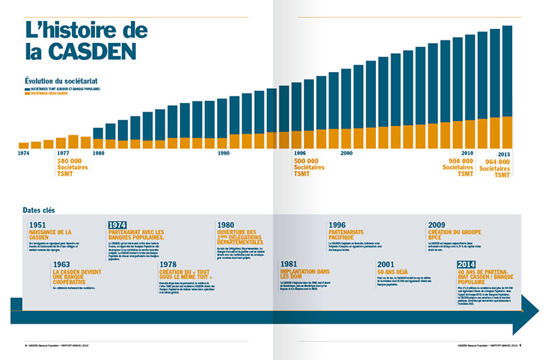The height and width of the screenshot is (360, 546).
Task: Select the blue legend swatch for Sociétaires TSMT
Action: point(28,89)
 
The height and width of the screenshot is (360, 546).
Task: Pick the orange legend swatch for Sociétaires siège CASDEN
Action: point(28,94)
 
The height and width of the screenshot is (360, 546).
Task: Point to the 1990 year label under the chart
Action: point(224,153)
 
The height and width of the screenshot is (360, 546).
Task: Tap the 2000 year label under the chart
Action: point(347,153)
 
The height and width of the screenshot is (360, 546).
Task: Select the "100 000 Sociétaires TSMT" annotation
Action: point(70,168)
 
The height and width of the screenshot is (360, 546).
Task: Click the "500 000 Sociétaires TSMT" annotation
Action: point(309,168)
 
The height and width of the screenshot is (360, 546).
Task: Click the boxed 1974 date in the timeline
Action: point(117,225)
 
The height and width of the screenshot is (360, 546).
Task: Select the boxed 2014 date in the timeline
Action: point(466,264)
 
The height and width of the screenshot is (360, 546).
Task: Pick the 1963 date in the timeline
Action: point(61,264)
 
